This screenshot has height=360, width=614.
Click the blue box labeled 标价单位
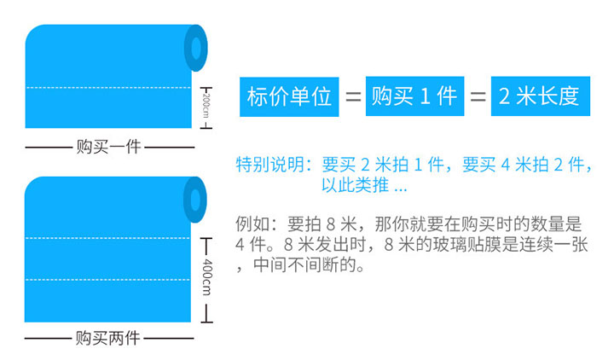288,96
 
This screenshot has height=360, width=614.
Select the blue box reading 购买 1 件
414,96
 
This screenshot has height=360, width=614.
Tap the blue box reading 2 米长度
539,96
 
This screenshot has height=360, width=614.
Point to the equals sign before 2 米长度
478,96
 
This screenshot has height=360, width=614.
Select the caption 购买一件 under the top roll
108,146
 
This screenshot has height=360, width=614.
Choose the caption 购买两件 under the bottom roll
108,338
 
